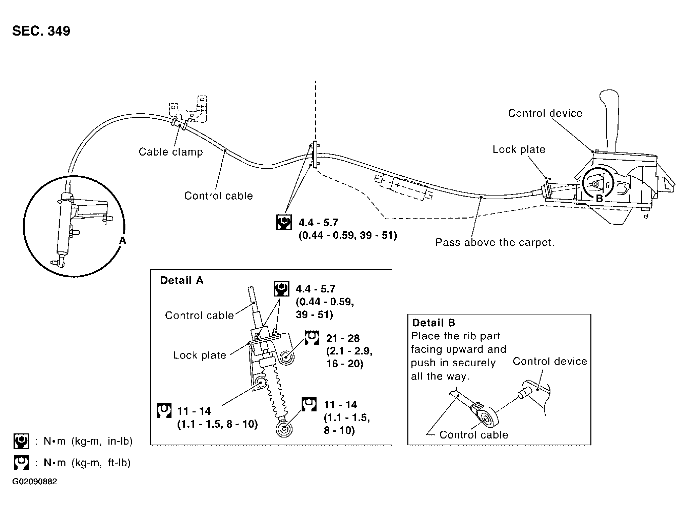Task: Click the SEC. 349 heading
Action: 41,31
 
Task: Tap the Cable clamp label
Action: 170,151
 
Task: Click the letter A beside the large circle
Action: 122,241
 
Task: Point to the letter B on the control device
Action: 599,199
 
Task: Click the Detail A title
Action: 182,281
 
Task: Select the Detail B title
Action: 433,323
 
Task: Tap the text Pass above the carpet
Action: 494,243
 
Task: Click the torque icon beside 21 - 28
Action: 311,338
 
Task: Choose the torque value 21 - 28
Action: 343,338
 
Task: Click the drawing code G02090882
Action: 35,482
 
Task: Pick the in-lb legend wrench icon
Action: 21,441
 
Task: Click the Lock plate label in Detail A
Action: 200,355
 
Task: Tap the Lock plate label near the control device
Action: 519,149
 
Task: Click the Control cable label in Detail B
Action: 473,435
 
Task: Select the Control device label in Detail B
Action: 550,362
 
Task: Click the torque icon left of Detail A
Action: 164,411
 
